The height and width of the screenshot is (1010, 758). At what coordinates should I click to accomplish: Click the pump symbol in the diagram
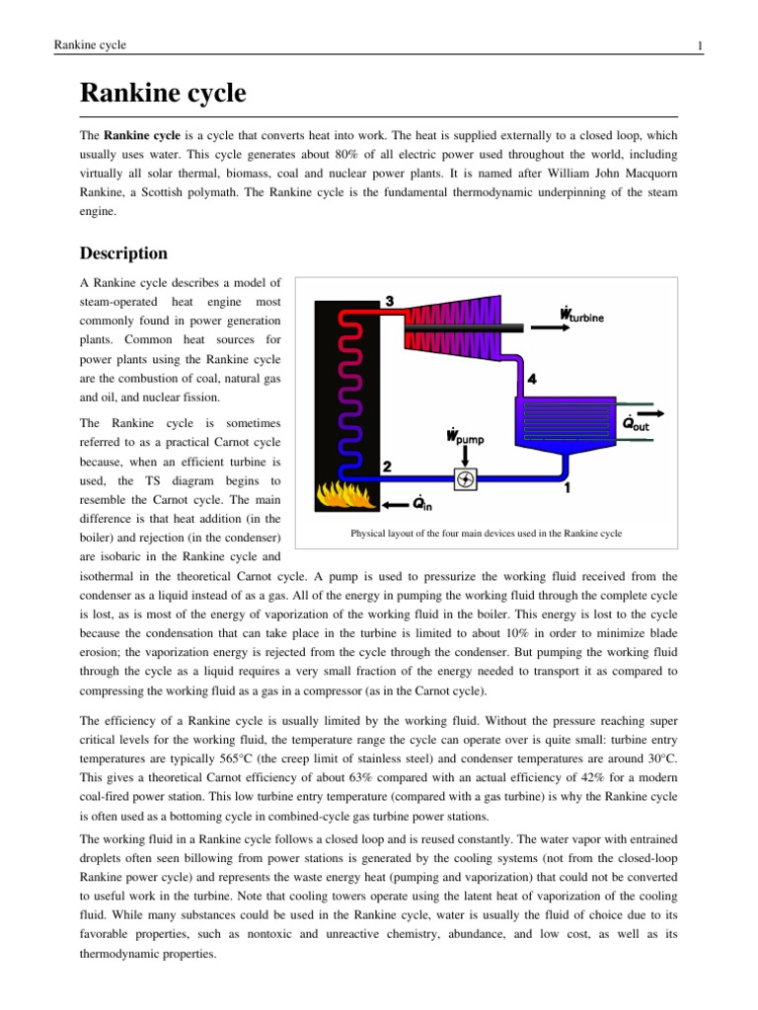tap(465, 479)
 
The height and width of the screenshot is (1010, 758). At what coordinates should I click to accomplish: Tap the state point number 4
tap(532, 379)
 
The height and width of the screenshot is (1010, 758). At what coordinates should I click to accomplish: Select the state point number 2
tap(388, 466)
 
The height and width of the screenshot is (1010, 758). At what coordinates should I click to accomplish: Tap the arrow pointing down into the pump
tap(465, 456)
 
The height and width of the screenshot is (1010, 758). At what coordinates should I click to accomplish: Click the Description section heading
tap(123, 253)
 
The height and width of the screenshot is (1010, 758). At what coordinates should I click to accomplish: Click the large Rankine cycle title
tap(163, 95)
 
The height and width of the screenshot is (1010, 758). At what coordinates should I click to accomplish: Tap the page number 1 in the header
tap(699, 45)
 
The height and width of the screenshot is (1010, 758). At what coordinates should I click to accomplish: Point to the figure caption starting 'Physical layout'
tap(486, 534)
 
